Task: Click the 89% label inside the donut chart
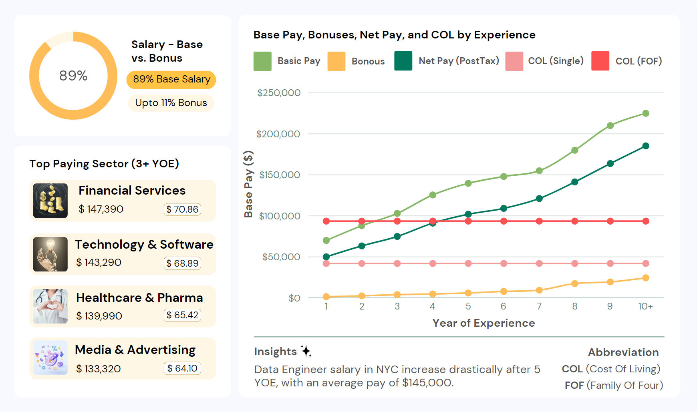(x=73, y=75)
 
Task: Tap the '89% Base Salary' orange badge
(x=171, y=79)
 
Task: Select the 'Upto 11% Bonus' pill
(x=171, y=103)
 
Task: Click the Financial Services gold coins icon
(x=50, y=201)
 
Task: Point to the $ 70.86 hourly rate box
(x=182, y=209)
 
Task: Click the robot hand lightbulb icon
(x=50, y=254)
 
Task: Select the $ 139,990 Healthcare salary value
(x=99, y=316)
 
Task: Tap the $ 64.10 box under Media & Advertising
(x=182, y=368)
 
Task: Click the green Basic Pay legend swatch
(x=262, y=61)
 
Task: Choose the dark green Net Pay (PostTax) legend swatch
(x=403, y=61)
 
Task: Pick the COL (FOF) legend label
(x=639, y=61)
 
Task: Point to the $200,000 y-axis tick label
(x=278, y=134)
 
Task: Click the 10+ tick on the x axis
(x=645, y=306)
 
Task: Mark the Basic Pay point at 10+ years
(x=646, y=113)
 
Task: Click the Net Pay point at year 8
(x=575, y=182)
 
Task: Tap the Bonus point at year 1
(x=326, y=297)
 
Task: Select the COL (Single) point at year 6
(x=504, y=263)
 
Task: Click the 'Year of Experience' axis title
(x=483, y=323)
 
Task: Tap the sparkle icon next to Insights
(x=306, y=351)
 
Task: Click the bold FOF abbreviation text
(x=574, y=386)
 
